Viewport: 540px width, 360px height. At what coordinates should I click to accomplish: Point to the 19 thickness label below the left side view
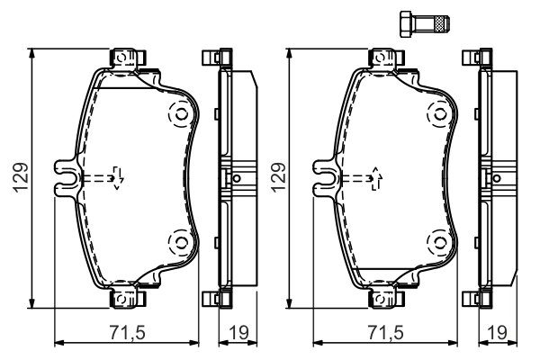coord(239,332)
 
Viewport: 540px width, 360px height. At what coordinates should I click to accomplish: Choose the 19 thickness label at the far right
coord(496,332)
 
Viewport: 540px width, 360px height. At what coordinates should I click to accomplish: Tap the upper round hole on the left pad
coord(178,114)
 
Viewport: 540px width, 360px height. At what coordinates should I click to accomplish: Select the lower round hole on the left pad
coord(178,240)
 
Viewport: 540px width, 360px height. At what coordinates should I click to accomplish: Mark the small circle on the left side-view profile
coord(237,177)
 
